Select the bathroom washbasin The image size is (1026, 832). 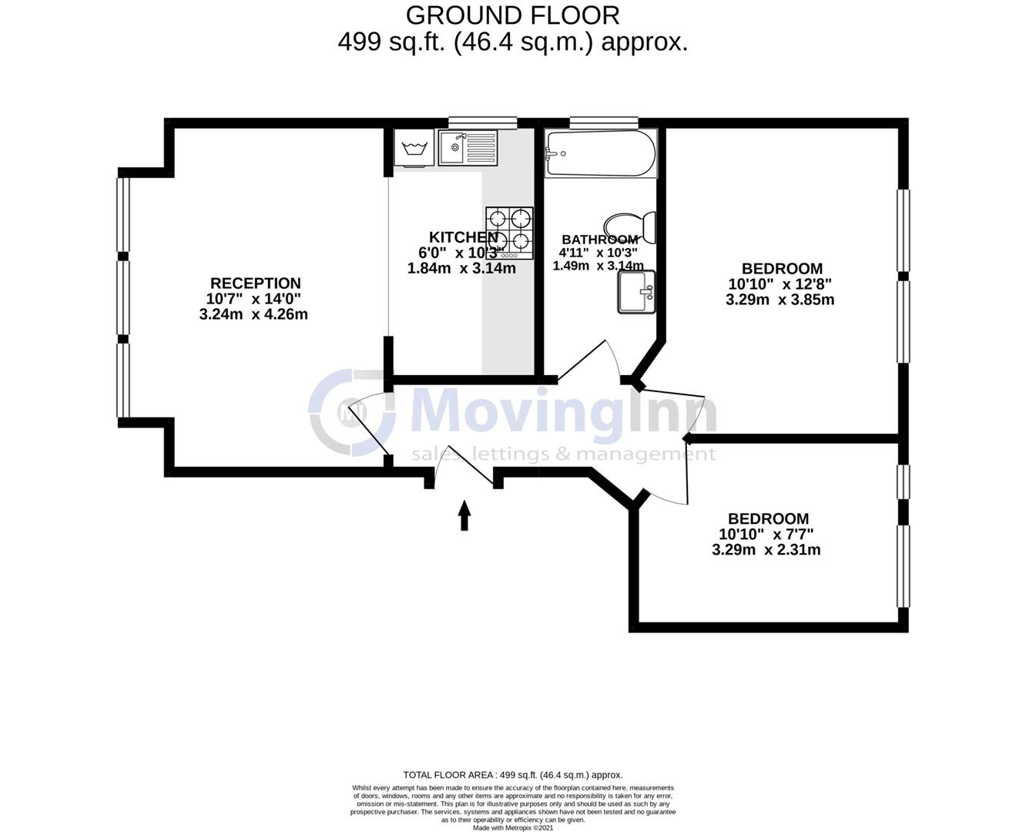[x=635, y=292]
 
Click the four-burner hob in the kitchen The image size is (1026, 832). [x=509, y=232]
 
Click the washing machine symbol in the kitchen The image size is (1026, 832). [x=414, y=147]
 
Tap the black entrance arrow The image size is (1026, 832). [x=464, y=515]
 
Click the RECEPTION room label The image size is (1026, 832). [x=255, y=283]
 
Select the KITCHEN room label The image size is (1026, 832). [x=462, y=237]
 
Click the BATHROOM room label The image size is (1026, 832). [x=599, y=240]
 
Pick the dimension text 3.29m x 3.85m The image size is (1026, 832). [x=780, y=300]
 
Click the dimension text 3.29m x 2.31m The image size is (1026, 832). [x=766, y=550]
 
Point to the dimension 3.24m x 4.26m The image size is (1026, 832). [x=253, y=314]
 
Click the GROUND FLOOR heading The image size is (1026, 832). [x=512, y=15]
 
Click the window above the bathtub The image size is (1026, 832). [x=604, y=121]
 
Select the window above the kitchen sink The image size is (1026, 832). [x=482, y=121]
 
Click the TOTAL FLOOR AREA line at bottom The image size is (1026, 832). [x=512, y=775]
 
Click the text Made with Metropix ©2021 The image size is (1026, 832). [x=512, y=827]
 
